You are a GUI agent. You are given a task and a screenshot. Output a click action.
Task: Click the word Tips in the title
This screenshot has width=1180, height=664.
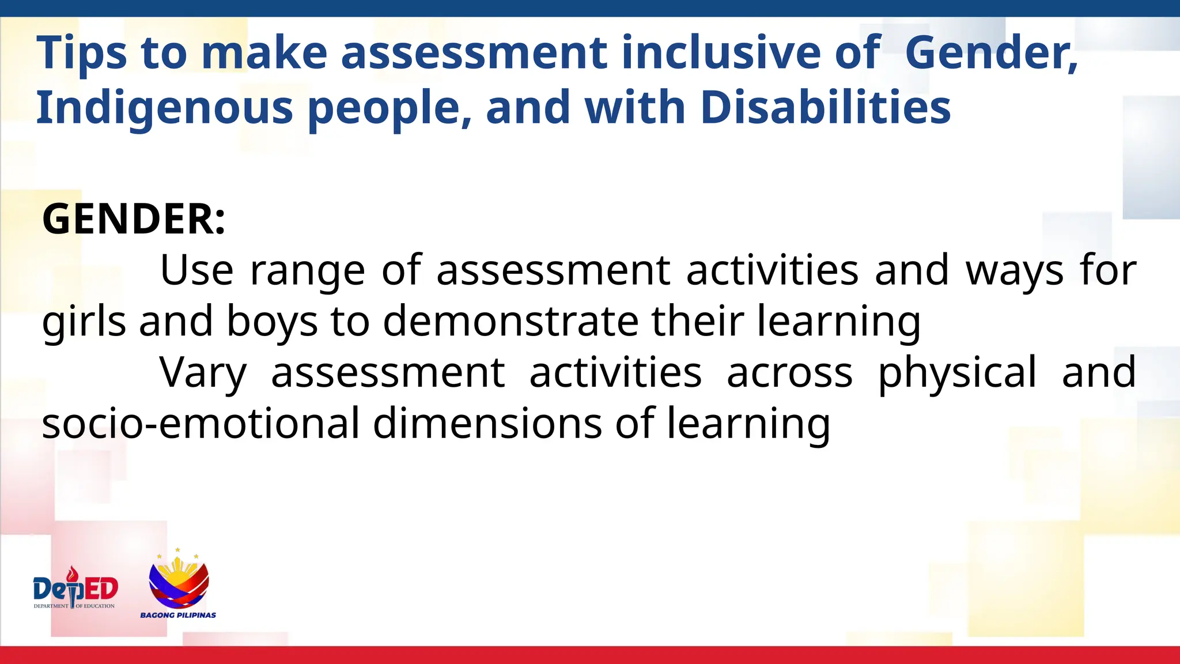click(81, 53)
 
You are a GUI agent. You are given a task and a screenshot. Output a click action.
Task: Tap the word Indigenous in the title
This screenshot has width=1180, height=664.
click(164, 108)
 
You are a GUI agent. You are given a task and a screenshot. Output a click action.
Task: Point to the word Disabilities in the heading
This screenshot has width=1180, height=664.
click(826, 108)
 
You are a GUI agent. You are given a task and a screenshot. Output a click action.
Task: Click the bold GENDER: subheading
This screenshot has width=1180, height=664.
click(134, 219)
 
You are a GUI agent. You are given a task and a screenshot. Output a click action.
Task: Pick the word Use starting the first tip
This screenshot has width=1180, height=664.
click(196, 270)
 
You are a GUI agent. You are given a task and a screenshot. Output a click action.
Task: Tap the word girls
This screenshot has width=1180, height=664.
click(84, 322)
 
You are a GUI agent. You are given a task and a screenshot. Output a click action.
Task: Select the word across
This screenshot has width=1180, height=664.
click(789, 373)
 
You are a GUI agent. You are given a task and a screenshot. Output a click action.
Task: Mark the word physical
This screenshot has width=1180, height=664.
click(957, 373)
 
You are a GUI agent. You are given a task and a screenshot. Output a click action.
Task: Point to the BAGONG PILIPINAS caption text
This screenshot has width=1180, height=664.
click(178, 615)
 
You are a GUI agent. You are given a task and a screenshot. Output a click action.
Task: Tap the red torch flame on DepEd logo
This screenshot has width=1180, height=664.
click(72, 574)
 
